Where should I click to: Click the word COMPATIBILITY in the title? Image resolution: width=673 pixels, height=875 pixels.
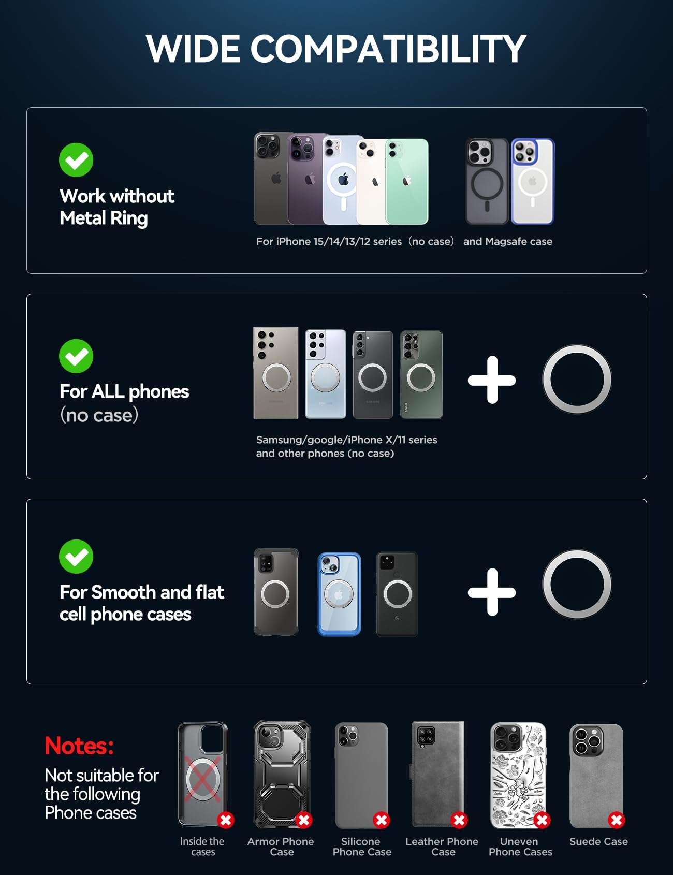[388, 49]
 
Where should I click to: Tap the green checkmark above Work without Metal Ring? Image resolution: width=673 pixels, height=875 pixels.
[76, 160]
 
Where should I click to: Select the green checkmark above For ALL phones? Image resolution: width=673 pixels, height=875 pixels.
[76, 356]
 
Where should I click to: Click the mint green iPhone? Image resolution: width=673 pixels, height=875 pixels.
[407, 181]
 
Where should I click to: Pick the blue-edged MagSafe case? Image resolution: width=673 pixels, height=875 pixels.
[533, 181]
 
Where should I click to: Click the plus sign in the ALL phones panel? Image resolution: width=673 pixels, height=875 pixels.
[492, 380]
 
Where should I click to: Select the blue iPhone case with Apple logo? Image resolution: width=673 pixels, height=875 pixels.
[339, 594]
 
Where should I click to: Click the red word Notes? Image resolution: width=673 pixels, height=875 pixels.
[79, 746]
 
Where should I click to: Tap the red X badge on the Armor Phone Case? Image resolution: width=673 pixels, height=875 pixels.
[304, 820]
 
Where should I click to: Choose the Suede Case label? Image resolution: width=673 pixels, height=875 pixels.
[598, 842]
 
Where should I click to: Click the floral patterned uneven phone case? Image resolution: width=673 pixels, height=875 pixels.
[518, 775]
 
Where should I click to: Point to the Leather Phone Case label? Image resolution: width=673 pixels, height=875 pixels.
[442, 847]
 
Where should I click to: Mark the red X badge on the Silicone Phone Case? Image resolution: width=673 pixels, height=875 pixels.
[382, 820]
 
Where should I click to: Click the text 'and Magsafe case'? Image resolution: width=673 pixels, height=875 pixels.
[508, 241]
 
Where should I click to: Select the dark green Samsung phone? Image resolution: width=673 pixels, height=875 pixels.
[421, 374]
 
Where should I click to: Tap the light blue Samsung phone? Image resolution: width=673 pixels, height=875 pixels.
[326, 374]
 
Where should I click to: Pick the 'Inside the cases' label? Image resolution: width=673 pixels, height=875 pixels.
[202, 847]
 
